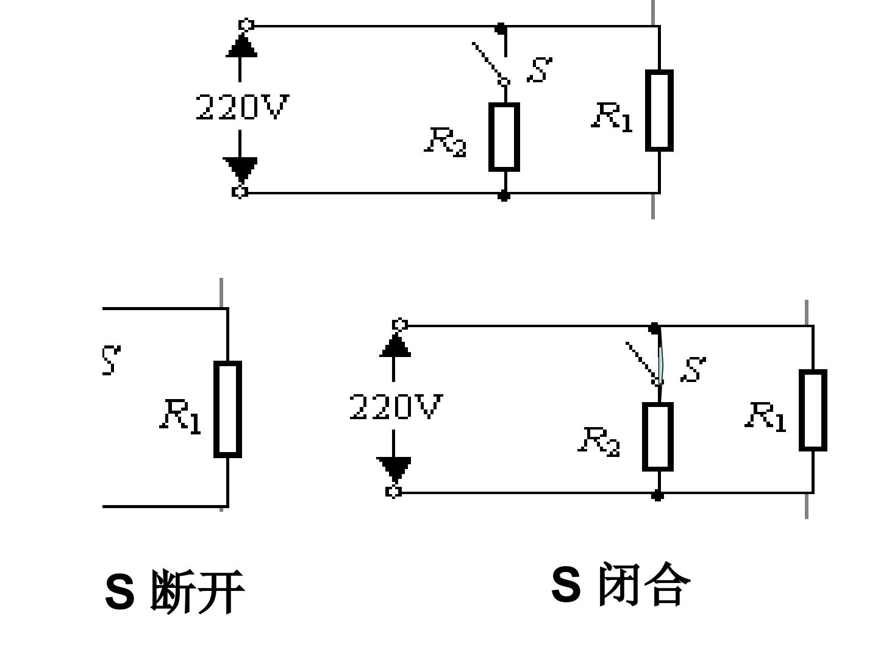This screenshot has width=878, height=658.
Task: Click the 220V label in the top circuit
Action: (x=242, y=107)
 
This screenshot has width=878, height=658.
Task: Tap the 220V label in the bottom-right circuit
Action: (x=396, y=407)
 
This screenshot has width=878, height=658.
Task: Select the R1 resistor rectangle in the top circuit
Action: (x=659, y=110)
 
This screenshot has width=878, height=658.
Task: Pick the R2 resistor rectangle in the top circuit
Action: (x=504, y=137)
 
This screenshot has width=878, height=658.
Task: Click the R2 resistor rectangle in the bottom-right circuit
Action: (x=658, y=437)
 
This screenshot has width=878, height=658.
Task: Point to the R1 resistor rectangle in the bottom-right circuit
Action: (x=813, y=410)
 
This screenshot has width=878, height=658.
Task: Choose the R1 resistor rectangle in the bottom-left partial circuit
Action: (x=227, y=409)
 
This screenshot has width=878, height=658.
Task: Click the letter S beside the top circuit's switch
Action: (x=540, y=69)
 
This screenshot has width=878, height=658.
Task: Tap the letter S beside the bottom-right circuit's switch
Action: (x=693, y=370)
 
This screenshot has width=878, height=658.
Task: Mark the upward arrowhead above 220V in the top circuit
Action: (x=241, y=45)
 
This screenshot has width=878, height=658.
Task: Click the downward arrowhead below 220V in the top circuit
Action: (x=240, y=169)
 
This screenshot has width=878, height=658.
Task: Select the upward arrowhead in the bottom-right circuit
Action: (x=395, y=345)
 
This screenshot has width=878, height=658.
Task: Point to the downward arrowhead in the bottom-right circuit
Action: (x=394, y=469)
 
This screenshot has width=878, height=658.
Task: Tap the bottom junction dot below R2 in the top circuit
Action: (x=504, y=196)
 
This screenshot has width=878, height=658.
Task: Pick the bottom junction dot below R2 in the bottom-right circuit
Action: (x=657, y=495)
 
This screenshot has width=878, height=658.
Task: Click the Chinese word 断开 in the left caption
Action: (x=197, y=592)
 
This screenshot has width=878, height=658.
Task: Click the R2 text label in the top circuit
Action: (x=445, y=142)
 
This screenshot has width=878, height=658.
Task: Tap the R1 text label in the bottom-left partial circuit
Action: (x=180, y=417)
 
